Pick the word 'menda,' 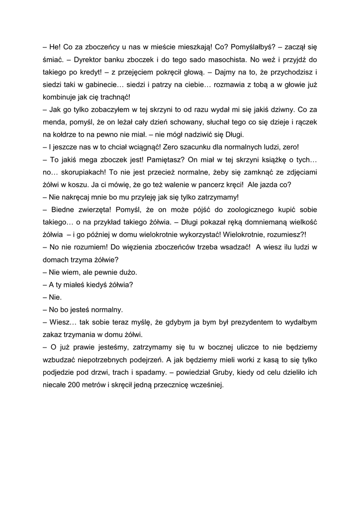(54, 122)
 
